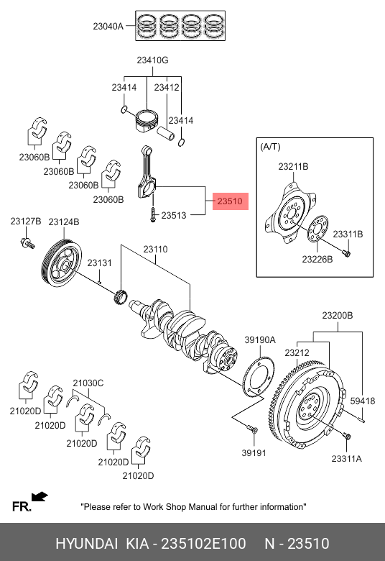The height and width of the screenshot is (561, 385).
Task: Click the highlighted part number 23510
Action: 230,201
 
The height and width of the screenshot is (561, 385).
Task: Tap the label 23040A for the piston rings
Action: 108,26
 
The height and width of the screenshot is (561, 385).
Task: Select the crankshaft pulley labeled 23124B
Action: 62,264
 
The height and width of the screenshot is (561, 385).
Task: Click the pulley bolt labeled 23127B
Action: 27,243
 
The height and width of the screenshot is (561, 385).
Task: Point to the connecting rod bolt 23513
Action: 153,214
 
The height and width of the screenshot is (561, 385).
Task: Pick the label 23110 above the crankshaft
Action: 155,249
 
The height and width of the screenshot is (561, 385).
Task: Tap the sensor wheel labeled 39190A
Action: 259,378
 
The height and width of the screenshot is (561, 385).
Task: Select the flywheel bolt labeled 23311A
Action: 346,436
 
